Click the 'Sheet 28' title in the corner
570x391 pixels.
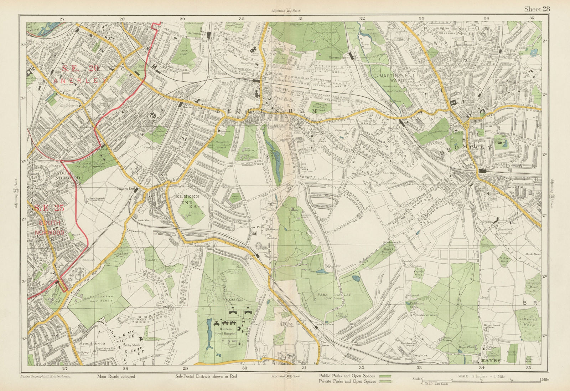pyautogui.click(x=536, y=9)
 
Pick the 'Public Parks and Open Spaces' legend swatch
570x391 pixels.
pyautogui.click(x=385, y=376)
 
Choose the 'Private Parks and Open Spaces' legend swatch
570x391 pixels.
pyautogui.click(x=385, y=381)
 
